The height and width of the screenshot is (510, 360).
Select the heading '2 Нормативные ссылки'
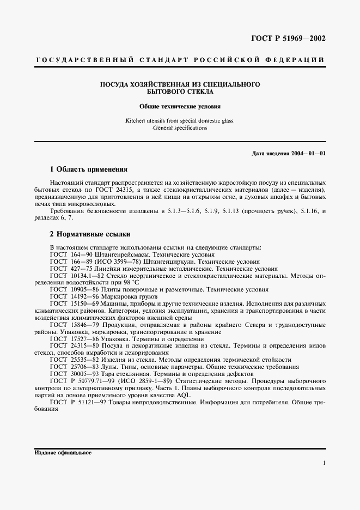[x=90, y=234]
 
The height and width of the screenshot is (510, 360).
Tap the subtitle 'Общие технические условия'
[x=180, y=107]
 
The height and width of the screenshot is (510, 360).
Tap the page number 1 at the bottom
[x=324, y=463]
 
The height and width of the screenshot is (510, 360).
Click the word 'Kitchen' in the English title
[x=135, y=120]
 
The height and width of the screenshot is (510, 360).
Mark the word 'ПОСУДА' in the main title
[x=112, y=84]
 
